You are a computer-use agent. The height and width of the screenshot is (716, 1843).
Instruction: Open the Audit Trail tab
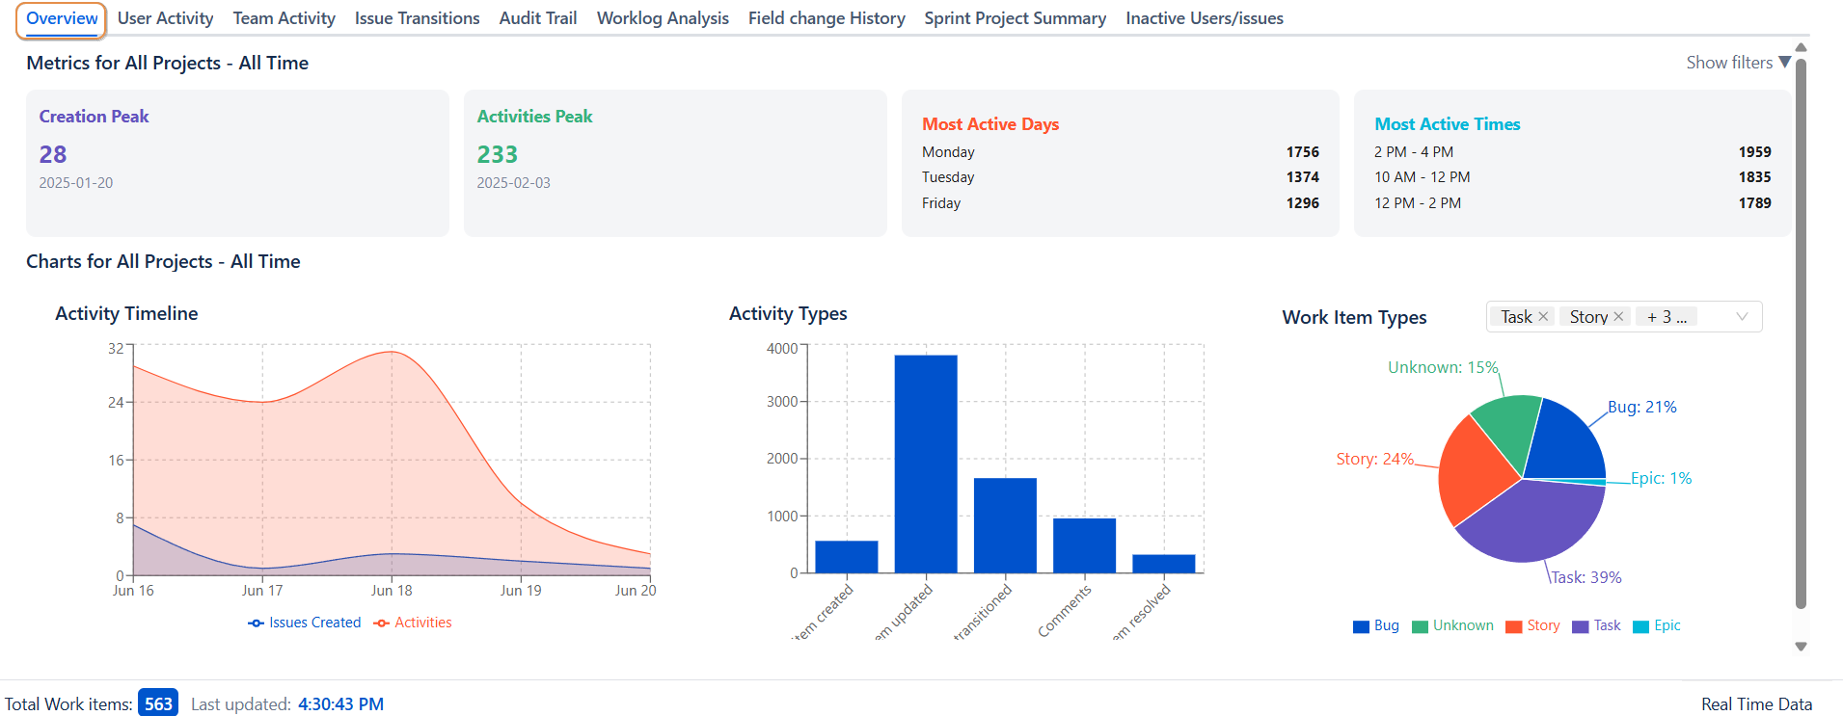pos(537,18)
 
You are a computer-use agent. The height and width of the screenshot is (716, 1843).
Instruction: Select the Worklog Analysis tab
pos(663,18)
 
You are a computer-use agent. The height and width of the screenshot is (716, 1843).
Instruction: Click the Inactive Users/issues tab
pos(1204,18)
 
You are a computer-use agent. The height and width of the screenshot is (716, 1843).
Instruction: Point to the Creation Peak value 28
pos(53,154)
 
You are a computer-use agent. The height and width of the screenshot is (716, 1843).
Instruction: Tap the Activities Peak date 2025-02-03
pos(513,183)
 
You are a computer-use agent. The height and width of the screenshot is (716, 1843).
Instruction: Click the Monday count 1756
pos(1302,152)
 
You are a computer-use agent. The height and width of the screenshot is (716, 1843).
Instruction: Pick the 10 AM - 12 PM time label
pos(1422,177)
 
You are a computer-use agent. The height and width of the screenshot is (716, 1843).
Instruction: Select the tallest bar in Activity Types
pos(926,463)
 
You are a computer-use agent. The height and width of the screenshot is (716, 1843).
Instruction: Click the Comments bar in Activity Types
pos(1084,545)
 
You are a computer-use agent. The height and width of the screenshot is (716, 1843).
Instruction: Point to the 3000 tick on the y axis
pos(782,402)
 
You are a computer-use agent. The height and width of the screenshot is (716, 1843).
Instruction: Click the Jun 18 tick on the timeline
pos(392,591)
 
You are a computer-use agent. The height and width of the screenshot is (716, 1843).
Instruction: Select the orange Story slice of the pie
pos(1476,467)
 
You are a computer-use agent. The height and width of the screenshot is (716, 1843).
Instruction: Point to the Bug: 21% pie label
pos(1641,408)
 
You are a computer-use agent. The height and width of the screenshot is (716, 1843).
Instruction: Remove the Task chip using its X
pos(1543,317)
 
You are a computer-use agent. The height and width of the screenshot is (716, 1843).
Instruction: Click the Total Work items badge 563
pos(158,703)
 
